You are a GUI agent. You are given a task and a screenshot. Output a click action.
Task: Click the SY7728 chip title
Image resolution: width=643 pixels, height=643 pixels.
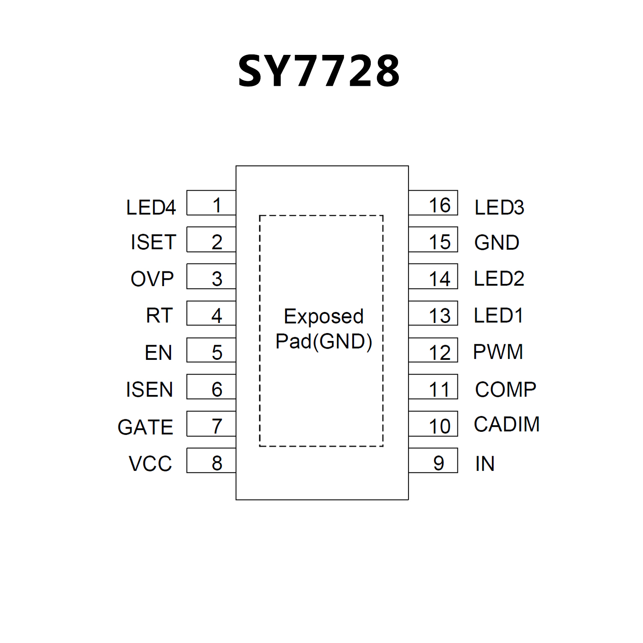coord(319,71)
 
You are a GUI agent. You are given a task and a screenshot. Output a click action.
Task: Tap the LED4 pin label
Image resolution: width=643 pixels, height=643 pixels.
coord(151,207)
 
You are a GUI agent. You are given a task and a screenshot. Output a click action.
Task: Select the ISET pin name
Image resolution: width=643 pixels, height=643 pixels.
coord(153,242)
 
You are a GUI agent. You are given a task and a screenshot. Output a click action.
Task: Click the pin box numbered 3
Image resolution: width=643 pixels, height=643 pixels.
coord(211,276)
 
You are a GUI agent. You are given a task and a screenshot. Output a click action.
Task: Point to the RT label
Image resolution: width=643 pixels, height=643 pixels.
coord(159,315)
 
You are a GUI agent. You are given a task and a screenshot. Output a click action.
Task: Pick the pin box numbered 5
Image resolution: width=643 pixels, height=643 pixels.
coord(211,350)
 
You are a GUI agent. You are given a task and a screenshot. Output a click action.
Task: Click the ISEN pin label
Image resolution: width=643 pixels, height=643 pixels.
coord(150,390)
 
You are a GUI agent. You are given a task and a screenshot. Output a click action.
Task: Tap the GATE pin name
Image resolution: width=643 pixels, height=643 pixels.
coord(145,427)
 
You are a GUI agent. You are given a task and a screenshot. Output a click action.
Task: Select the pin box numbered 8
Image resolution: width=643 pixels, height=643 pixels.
coord(211,461)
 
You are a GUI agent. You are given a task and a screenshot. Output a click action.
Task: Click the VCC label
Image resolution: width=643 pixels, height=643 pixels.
coord(150,464)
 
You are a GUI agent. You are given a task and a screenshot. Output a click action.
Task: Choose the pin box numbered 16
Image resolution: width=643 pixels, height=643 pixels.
coord(433,203)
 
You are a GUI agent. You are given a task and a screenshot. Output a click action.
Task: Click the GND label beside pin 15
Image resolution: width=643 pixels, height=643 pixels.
coord(497,243)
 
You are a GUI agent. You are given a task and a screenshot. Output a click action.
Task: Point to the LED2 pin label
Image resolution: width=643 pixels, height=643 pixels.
coord(499,279)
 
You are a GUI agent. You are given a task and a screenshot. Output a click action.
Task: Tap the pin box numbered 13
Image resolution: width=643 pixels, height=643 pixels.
coord(433,313)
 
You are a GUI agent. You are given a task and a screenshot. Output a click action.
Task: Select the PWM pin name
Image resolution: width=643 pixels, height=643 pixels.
coord(498,352)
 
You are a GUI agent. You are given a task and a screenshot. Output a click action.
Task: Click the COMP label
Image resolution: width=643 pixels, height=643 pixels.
coord(506,390)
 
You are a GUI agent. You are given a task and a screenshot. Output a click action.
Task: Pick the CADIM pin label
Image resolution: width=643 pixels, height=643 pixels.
coord(506,424)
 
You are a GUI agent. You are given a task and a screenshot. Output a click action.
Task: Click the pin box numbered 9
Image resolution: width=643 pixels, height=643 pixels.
coord(433,461)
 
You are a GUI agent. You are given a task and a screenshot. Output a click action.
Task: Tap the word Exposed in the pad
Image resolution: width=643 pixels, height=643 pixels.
coord(323,317)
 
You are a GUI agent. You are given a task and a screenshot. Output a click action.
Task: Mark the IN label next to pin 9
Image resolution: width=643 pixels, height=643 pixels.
coord(485,464)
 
